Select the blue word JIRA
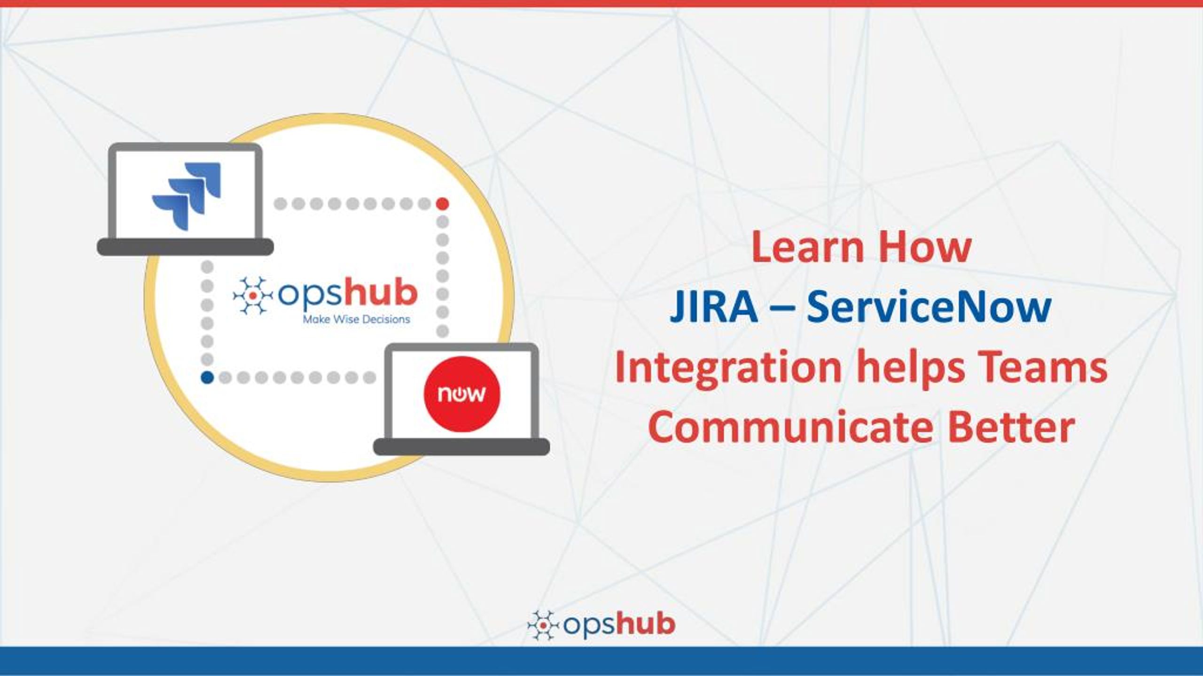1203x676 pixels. pos(714,307)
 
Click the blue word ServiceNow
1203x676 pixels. pos(929,307)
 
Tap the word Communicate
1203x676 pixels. pos(790,427)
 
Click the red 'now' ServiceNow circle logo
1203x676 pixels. pos(461,394)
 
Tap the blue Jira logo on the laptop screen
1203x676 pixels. pos(186,196)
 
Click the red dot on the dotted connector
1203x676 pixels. pos(443,204)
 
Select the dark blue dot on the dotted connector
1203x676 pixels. pos(207,377)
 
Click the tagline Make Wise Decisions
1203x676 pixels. pos(356,320)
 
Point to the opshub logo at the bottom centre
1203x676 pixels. pos(601,624)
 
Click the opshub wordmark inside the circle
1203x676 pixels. pos(348,293)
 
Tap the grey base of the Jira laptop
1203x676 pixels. pos(185,247)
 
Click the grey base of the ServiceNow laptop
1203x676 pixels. pos(461,447)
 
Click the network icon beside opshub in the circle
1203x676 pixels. pos(252,296)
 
